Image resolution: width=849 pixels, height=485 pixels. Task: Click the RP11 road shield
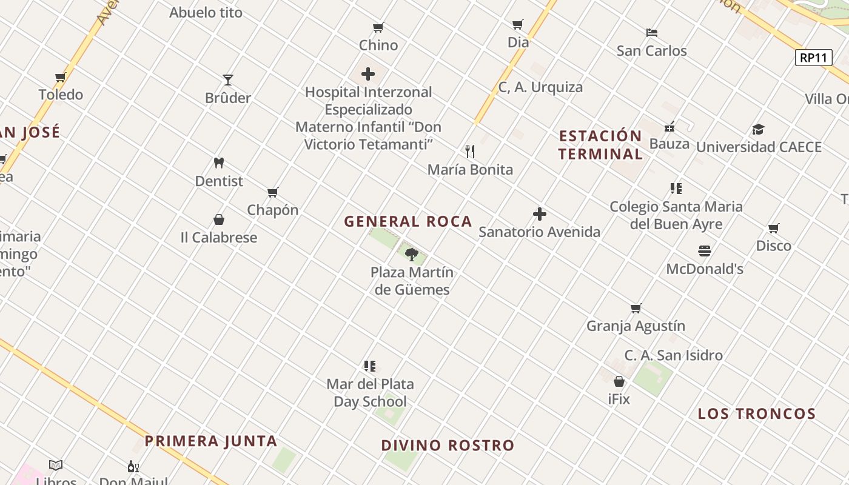tap(813, 58)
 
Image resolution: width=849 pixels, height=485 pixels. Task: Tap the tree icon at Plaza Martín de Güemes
tap(412, 254)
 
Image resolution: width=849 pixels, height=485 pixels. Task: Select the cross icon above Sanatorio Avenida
tap(539, 214)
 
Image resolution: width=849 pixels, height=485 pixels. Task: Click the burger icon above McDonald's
tap(704, 250)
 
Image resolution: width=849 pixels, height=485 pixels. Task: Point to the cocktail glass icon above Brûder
tap(228, 79)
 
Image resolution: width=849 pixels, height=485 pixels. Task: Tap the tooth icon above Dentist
tap(219, 162)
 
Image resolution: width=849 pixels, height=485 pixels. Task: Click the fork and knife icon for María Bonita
tap(470, 151)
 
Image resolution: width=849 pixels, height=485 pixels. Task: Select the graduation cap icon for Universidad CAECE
tap(758, 129)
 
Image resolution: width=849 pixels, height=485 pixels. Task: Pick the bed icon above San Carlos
tap(652, 33)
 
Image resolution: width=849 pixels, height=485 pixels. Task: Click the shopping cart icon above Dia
tap(518, 25)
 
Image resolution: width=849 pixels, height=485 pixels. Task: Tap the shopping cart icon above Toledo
tap(61, 77)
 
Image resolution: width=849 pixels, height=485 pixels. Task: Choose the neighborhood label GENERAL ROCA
tap(408, 222)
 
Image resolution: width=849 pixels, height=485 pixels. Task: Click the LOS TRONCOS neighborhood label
tap(756, 414)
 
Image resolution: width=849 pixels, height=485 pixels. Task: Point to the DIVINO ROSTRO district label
tap(448, 446)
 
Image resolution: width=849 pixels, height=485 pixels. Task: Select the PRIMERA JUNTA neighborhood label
tap(211, 441)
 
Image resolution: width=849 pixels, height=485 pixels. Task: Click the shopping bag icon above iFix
tap(619, 381)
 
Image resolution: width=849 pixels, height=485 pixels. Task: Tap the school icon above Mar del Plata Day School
tap(370, 366)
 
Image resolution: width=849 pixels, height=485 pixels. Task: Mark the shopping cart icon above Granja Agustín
tap(636, 309)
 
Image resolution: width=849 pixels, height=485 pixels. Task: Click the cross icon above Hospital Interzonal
tap(368, 75)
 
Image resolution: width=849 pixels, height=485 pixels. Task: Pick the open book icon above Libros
tap(56, 465)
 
